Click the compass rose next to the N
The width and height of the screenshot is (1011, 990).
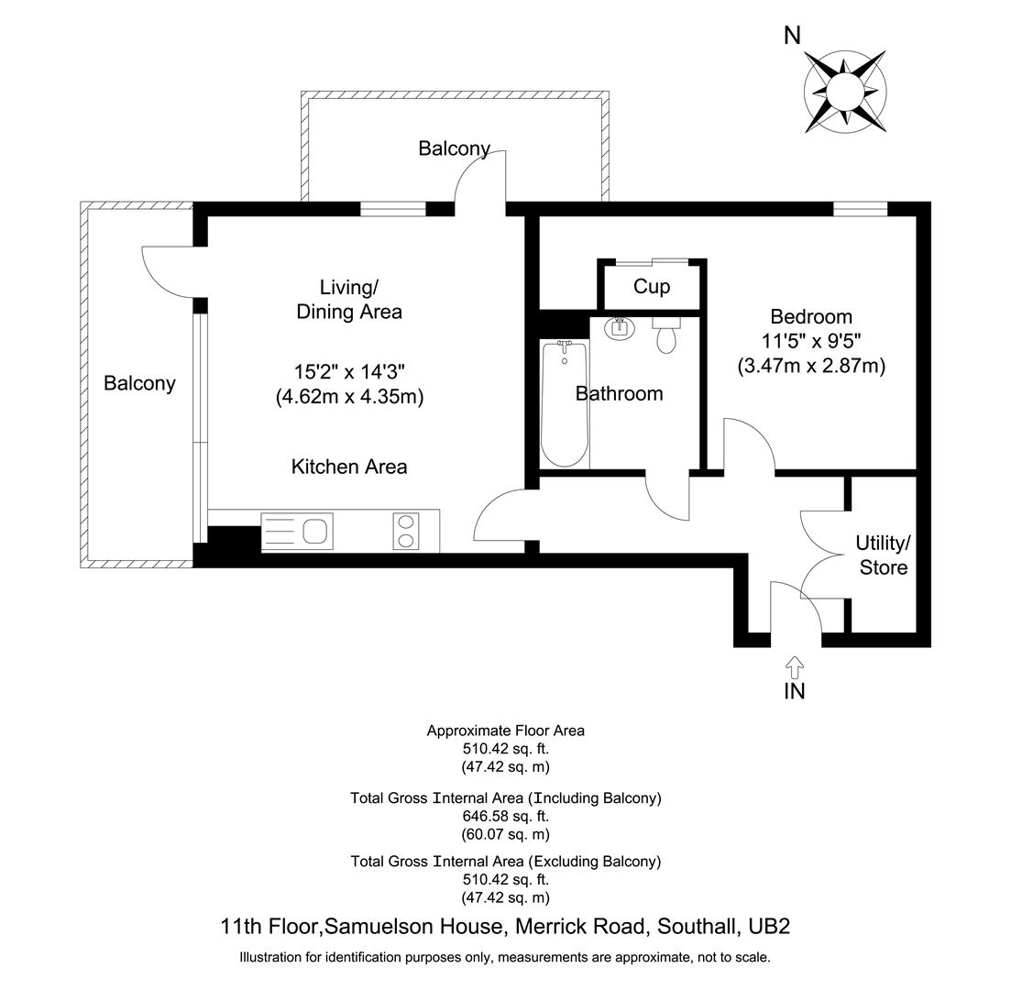tap(844, 90)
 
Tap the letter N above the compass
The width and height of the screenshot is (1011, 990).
tap(792, 36)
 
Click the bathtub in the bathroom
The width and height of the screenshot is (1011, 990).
tap(564, 403)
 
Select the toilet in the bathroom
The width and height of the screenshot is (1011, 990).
tap(667, 335)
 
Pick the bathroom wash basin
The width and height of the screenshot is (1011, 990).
tap(621, 327)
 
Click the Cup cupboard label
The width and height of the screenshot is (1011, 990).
tap(652, 287)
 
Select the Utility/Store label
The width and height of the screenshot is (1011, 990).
tap(883, 555)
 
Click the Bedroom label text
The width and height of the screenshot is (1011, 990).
tap(810, 317)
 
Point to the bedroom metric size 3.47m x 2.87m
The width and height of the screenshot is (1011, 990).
tap(810, 366)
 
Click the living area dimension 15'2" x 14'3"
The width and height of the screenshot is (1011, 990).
tap(348, 372)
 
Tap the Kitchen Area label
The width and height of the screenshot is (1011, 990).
tap(348, 467)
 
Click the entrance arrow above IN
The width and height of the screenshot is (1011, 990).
tap(794, 665)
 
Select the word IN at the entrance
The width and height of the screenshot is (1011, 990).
tap(794, 692)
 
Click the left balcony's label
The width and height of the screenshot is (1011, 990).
tap(139, 383)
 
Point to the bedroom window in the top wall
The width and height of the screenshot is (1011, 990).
tap(860, 210)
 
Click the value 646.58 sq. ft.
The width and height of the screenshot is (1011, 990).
tap(505, 816)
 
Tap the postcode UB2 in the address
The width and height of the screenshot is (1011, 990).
tap(769, 927)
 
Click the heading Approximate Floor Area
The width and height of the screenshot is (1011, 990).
tap(505, 731)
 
